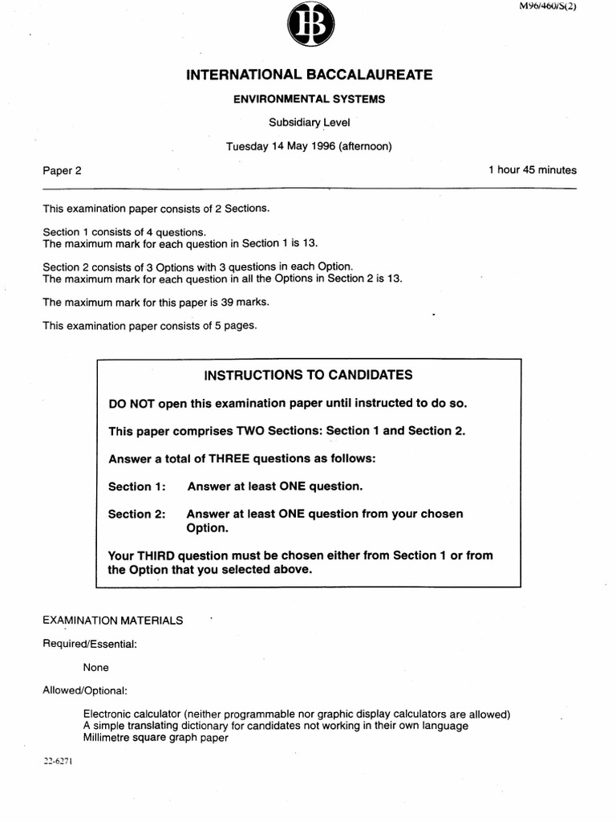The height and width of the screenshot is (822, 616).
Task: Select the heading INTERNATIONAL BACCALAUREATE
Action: [x=309, y=75]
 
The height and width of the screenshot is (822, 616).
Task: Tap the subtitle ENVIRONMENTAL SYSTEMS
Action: [x=309, y=100]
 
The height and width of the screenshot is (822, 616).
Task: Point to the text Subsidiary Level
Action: [x=309, y=123]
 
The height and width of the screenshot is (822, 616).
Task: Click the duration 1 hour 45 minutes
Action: [x=533, y=170]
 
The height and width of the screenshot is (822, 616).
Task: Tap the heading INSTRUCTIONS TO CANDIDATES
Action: [x=309, y=375]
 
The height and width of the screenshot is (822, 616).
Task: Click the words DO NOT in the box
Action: [x=132, y=403]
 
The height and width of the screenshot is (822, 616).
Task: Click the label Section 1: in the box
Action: [x=136, y=486]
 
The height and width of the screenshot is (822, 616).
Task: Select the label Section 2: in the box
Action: [x=136, y=515]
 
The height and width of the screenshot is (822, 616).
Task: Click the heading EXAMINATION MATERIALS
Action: [x=113, y=621]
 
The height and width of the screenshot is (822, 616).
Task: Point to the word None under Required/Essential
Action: [x=95, y=667]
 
